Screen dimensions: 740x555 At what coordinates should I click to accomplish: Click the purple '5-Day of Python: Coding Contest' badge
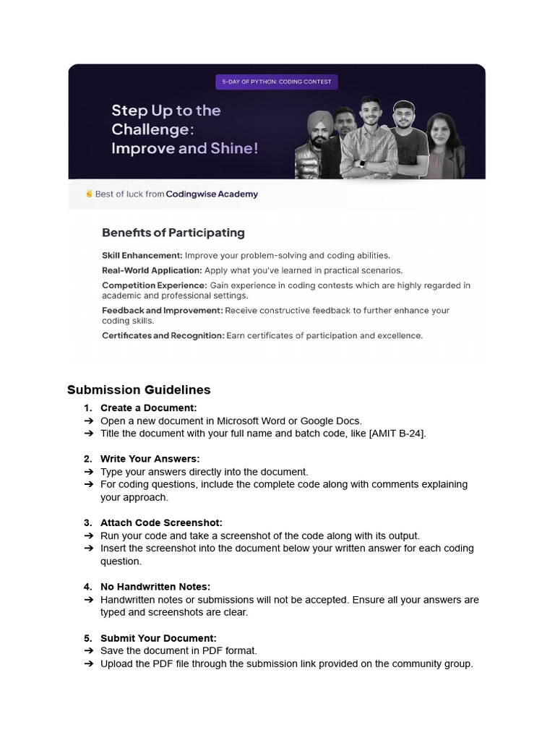click(276, 82)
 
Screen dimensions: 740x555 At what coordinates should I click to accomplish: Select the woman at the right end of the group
click(442, 145)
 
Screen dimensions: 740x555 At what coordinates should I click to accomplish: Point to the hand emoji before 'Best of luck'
click(89, 194)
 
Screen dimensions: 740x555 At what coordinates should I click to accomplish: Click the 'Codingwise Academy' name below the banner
click(211, 194)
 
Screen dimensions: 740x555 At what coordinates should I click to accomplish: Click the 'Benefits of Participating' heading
click(173, 233)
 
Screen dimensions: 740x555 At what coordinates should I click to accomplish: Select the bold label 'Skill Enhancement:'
click(142, 255)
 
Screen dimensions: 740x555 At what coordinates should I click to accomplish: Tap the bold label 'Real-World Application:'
click(152, 270)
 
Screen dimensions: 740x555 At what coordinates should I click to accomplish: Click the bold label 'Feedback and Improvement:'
click(163, 310)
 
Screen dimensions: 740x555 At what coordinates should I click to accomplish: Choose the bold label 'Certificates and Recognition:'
click(163, 335)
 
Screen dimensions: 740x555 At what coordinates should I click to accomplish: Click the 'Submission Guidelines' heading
click(139, 390)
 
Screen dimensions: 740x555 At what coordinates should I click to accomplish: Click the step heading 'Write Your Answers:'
click(150, 459)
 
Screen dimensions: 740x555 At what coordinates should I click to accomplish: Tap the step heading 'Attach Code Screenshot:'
click(161, 522)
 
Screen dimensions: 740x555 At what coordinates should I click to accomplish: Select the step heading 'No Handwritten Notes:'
click(155, 587)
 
